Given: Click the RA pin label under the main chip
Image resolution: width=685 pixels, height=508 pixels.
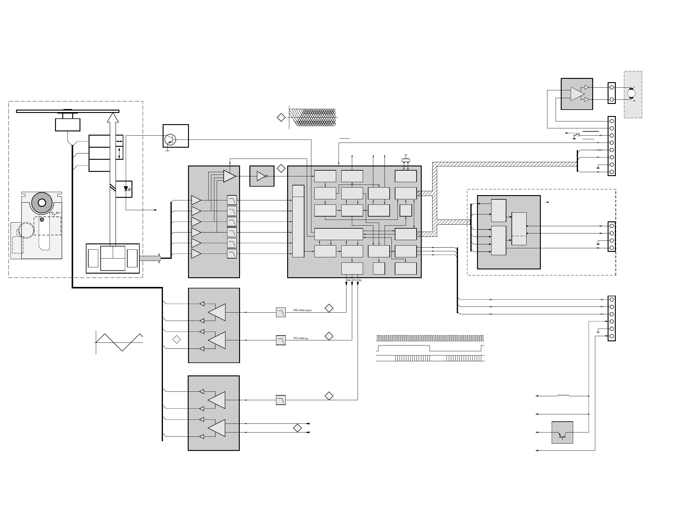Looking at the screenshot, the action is point(349,280).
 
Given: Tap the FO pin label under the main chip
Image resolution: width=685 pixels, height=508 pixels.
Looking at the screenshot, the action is point(355,280).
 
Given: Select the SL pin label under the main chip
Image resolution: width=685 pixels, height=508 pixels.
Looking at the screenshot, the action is point(360,280).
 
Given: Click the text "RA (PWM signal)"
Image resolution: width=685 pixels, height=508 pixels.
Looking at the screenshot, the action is point(303,310).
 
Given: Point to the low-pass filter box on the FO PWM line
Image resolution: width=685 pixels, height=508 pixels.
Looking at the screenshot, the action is point(281,340).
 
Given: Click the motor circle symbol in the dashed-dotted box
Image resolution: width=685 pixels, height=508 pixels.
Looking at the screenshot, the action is point(631,93).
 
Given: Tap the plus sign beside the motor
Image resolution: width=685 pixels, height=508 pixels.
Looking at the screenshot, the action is point(634,101).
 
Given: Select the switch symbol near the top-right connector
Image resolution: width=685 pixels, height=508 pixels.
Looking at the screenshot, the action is point(576,135).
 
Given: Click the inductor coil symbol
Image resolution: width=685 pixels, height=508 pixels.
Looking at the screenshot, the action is point(563,395).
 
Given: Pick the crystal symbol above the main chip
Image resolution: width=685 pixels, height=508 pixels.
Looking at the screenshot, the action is point(406,160).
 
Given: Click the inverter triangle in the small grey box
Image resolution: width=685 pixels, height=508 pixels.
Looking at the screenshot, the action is point(261,176).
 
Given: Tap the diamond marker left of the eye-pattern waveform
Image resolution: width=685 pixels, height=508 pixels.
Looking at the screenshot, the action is point(281,117).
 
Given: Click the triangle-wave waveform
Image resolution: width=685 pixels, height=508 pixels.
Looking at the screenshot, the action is point(119,342).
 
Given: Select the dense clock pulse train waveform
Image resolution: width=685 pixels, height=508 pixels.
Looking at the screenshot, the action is point(430,338).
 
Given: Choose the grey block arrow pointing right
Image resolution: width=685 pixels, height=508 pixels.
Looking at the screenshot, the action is point(150,258).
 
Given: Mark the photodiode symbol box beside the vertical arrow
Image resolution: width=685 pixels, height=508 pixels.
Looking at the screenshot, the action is point(124,189).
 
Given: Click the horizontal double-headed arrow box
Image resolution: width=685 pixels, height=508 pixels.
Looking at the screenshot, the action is point(119,141).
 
